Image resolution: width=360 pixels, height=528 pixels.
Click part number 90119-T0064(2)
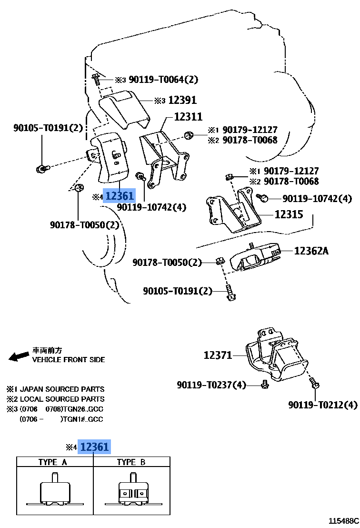point(163,80)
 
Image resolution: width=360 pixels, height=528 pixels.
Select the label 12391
point(182,100)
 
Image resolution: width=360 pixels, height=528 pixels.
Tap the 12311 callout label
point(188,117)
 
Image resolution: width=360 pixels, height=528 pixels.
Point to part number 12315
point(289,214)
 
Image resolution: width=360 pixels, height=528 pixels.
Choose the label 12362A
point(311,251)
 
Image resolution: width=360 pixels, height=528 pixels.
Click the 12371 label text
point(218,355)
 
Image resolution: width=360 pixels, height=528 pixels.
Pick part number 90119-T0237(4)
point(211,385)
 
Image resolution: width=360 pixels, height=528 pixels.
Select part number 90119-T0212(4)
point(322,405)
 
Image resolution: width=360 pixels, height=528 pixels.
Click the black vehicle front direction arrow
point(19,356)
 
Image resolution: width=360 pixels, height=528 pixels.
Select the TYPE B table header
point(131,462)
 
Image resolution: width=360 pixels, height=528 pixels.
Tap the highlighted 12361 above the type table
point(95,447)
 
